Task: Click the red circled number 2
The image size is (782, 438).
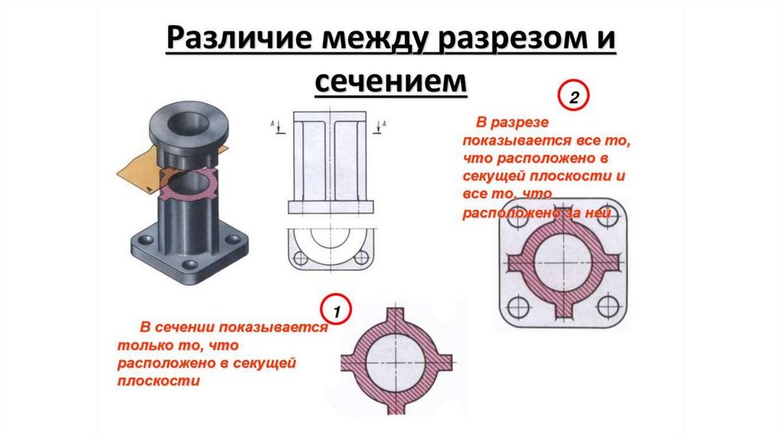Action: pos(574,95)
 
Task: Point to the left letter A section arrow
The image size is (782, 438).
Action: pos(278,127)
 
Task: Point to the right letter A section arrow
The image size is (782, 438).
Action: pos(380,127)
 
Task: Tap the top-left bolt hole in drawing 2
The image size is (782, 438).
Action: pos(519,217)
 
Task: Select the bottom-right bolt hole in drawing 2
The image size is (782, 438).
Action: pos(608,307)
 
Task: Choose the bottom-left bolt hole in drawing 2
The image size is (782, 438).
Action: pos(519,307)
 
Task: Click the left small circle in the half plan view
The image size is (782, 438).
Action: pos(301,258)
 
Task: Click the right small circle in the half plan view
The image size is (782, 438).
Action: pos(361,258)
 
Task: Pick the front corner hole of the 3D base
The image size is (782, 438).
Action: pos(189,265)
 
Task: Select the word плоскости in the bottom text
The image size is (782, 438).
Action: pos(158,382)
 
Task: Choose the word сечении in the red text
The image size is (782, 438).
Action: pos(185,327)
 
